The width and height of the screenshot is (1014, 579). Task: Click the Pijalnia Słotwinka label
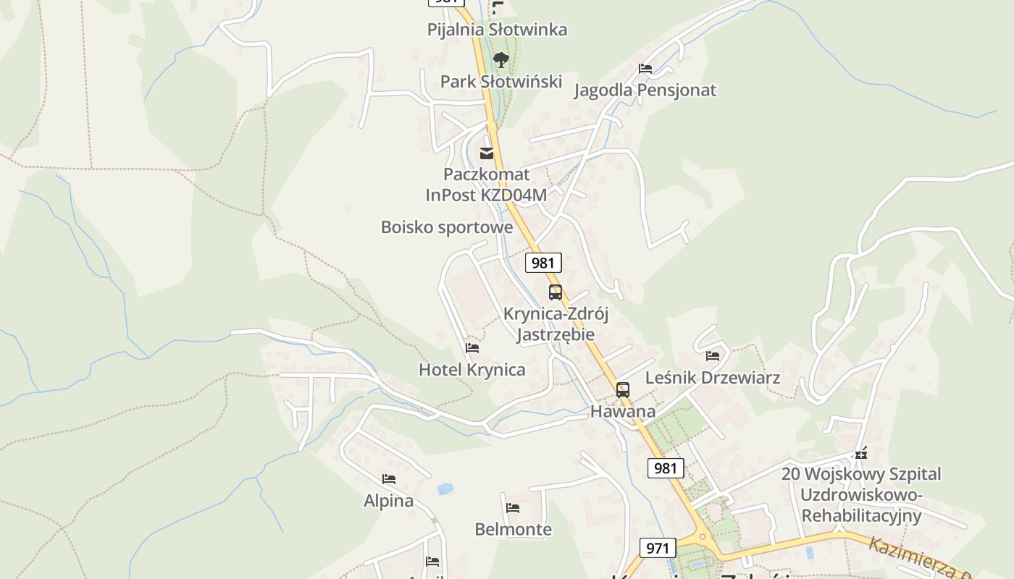(497, 30)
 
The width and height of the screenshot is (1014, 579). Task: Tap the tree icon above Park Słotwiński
(500, 59)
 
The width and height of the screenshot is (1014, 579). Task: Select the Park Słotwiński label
(501, 81)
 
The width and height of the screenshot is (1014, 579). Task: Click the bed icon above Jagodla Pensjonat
(645, 69)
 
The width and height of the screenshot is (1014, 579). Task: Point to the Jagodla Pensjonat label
(645, 90)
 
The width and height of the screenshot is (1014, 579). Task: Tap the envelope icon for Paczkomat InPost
(487, 153)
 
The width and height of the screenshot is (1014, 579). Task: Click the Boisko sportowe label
(447, 227)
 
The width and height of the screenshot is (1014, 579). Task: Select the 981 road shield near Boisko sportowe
(542, 263)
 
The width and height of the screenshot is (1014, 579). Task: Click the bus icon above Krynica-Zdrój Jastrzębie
(556, 292)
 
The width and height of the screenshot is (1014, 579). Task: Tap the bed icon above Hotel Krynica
(472, 348)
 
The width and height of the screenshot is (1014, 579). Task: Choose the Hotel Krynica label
(472, 370)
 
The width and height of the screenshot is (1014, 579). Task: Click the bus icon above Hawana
(623, 390)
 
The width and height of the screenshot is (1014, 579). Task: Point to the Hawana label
(623, 412)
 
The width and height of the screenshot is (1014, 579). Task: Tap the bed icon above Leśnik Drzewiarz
(713, 356)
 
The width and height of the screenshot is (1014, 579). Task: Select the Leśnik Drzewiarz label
(713, 378)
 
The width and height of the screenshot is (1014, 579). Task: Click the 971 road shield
(658, 548)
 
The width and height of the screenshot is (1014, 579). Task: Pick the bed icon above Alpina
(389, 479)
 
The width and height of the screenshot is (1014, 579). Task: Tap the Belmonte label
(513, 530)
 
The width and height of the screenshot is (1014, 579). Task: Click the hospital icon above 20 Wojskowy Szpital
(861, 454)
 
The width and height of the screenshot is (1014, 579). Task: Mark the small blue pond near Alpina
(445, 489)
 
